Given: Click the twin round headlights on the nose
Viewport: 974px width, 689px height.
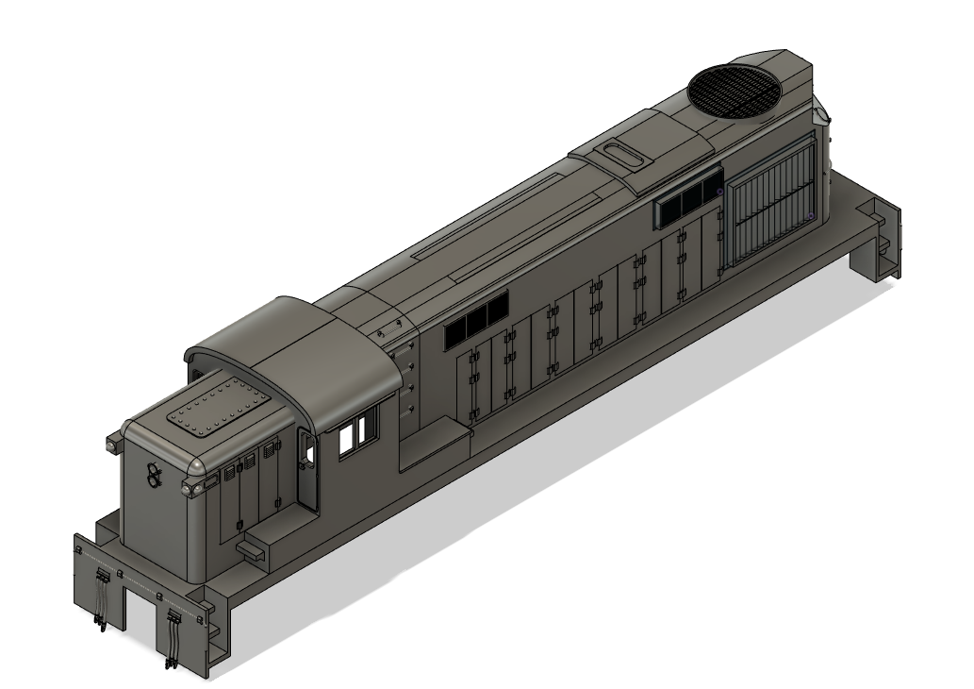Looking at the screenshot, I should coord(152,479).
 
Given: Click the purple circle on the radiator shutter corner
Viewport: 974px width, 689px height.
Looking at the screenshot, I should coord(809,217).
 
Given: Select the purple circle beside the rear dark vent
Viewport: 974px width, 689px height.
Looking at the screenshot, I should coord(719,193).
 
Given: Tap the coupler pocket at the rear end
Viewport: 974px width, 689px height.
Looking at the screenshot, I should coord(883,247).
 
